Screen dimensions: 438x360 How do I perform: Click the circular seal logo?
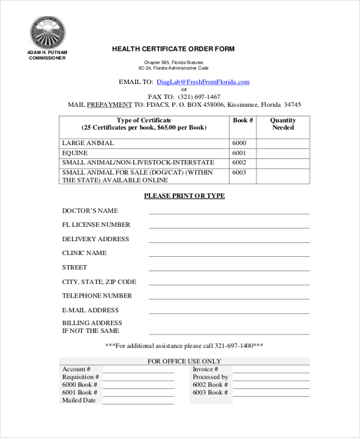(x=48, y=32)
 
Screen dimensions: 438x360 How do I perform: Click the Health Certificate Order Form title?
(x=173, y=49)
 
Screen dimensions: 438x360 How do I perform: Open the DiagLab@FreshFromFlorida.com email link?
(x=203, y=82)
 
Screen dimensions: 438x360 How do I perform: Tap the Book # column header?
(x=242, y=121)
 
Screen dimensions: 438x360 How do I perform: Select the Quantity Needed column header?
(x=283, y=124)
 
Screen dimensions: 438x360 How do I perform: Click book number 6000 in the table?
(x=239, y=143)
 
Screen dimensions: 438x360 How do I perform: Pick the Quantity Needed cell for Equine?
(x=283, y=153)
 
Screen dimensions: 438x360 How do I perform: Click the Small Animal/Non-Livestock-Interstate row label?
(x=138, y=163)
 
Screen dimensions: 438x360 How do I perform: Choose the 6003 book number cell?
(x=239, y=173)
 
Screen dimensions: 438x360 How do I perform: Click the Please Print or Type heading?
(x=184, y=196)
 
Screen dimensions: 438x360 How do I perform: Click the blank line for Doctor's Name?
(x=229, y=212)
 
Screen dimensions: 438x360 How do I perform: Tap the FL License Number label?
(x=96, y=225)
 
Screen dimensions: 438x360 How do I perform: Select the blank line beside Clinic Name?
(x=229, y=254)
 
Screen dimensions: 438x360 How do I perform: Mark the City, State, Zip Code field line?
(x=229, y=283)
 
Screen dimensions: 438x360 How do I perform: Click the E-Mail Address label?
(x=91, y=310)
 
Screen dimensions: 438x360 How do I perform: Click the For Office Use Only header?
(x=184, y=361)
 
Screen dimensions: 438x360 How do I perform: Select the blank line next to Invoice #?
(x=271, y=370)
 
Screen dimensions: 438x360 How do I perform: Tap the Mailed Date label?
(x=79, y=400)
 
